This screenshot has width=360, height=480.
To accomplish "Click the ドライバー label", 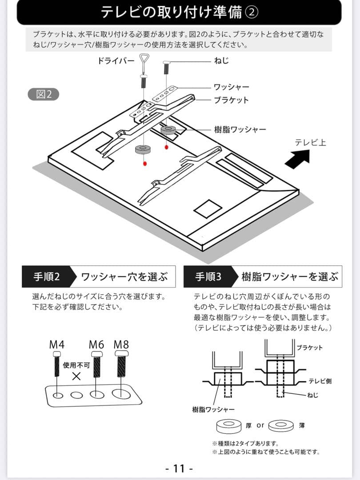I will coord(116,61).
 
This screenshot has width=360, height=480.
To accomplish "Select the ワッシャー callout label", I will coord(231,87).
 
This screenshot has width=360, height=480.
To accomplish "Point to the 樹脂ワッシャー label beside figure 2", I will coord(240,129).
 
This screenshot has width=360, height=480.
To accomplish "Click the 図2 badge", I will coord(43,94).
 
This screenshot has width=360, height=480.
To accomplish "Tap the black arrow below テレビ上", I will coord(297,158).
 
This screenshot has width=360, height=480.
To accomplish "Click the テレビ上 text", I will coord(310,142).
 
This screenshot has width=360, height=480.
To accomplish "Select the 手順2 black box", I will coord(47,277).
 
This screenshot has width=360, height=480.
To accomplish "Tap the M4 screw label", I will coord(57,344).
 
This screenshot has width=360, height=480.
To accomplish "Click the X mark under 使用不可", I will coord(76,376).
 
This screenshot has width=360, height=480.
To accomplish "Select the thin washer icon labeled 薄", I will coord(281,426).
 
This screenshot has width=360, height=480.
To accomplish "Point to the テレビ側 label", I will coord(320,381).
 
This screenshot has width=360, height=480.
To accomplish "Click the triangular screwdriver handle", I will coord(145,58).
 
